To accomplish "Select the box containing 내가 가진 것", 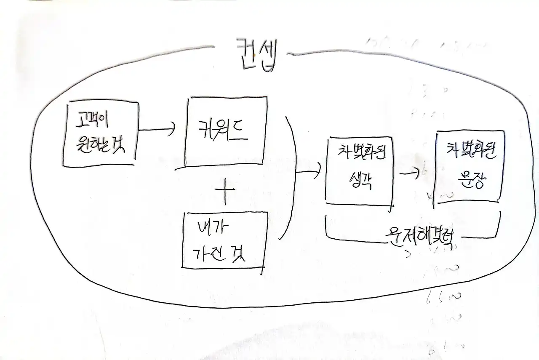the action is click(224, 240).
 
